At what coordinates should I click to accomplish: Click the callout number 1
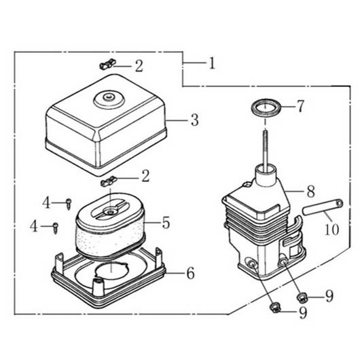click(x=212, y=63)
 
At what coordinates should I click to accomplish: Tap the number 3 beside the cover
click(x=195, y=120)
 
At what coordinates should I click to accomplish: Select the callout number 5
click(x=166, y=223)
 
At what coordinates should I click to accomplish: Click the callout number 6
click(x=190, y=273)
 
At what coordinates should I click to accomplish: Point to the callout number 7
click(x=300, y=106)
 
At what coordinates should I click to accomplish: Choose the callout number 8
click(x=311, y=192)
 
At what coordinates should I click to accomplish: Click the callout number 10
click(x=332, y=229)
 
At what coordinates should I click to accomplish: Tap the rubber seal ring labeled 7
click(x=266, y=108)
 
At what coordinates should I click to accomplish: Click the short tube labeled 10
click(x=323, y=207)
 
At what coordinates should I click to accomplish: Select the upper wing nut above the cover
click(x=108, y=64)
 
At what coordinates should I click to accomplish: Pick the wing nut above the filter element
click(x=109, y=181)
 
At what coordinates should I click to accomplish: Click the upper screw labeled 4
click(x=69, y=204)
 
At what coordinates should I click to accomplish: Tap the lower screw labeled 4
click(x=56, y=228)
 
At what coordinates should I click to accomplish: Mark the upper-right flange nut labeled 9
click(x=302, y=298)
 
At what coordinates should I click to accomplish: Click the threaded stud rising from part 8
click(x=266, y=150)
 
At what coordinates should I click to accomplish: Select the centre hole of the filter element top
click(x=111, y=211)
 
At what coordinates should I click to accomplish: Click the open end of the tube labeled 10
click(x=340, y=203)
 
